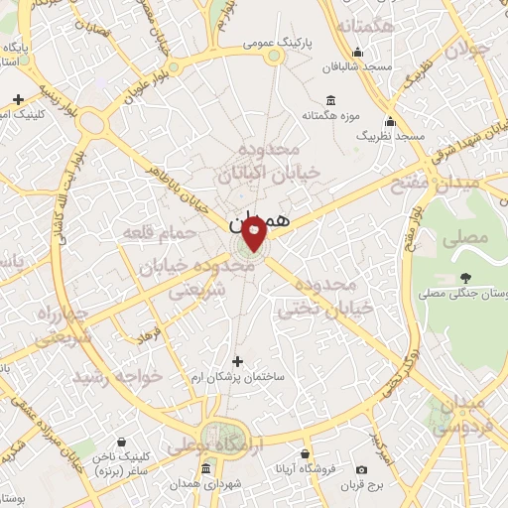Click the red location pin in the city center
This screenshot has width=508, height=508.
pos(254,235)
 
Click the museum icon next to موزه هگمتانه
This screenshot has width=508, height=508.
pos(330,100)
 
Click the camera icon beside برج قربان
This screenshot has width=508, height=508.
pos(361,469)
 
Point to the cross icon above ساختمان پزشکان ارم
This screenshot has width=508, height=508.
pos(236,361)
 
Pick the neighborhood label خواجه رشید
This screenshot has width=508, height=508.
pos(109,376)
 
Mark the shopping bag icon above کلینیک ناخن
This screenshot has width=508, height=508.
pos(121,442)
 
